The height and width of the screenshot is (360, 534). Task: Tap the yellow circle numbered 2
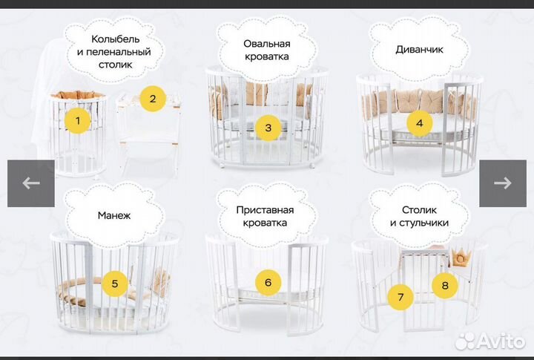point(153,99)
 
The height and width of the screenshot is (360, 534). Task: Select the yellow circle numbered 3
point(268,128)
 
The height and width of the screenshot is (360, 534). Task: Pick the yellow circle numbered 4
point(419,123)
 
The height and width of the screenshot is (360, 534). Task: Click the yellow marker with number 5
point(115,283)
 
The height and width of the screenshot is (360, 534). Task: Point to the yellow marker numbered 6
point(268,282)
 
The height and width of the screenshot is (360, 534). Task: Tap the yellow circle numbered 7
point(401,298)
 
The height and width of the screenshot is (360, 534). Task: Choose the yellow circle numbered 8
point(445,284)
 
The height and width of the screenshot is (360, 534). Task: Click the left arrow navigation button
point(30,183)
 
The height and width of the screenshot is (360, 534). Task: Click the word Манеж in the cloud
point(113,216)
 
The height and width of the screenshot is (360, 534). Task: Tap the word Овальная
point(266,44)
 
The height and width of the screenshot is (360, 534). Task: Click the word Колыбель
point(115,39)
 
